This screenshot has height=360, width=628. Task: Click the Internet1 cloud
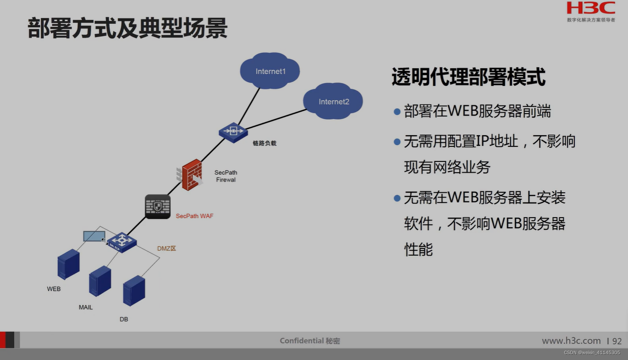(x=270, y=71)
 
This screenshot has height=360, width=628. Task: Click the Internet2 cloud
(x=333, y=101)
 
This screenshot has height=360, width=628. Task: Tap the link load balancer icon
(x=233, y=132)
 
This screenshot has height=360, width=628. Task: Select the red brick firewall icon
(x=191, y=174)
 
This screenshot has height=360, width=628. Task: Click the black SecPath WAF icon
(x=158, y=206)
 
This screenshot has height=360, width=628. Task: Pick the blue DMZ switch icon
(x=122, y=241)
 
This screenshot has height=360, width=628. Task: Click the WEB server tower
(x=68, y=264)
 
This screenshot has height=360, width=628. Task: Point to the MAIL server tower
(x=100, y=280)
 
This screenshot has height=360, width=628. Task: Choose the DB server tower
(x=134, y=290)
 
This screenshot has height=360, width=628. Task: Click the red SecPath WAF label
(x=194, y=216)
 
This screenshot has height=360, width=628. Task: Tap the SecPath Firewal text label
(x=225, y=176)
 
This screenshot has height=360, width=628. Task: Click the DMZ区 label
(x=166, y=248)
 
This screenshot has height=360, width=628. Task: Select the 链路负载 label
(x=264, y=143)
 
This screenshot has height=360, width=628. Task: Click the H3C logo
(x=590, y=8)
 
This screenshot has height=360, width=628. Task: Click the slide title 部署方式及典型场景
(x=128, y=28)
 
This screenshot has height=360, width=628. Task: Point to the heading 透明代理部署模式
(x=468, y=77)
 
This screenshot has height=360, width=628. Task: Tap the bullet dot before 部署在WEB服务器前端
(x=397, y=112)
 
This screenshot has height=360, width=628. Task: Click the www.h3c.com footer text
(x=571, y=340)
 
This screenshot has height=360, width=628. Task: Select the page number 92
(x=617, y=341)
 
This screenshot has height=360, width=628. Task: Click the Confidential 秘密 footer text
(x=310, y=340)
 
